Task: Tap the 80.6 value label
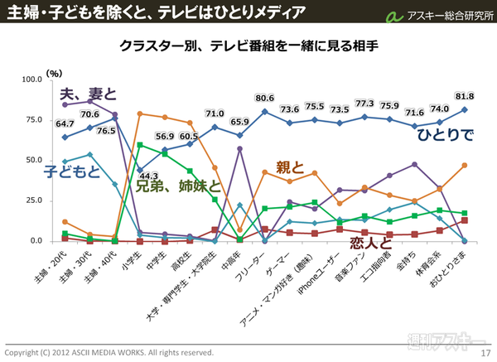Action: pyautogui.click(x=265, y=98)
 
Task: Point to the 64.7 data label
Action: pyautogui.click(x=65, y=123)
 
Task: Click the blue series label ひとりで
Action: pyautogui.click(x=445, y=133)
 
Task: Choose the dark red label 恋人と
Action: pyautogui.click(x=371, y=242)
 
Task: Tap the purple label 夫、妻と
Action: pyautogui.click(x=89, y=93)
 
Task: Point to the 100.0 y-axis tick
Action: pyautogui.click(x=31, y=80)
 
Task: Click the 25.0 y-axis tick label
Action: pyautogui.click(x=33, y=201)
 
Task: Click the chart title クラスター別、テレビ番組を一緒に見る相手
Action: pyautogui.click(x=248, y=45)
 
